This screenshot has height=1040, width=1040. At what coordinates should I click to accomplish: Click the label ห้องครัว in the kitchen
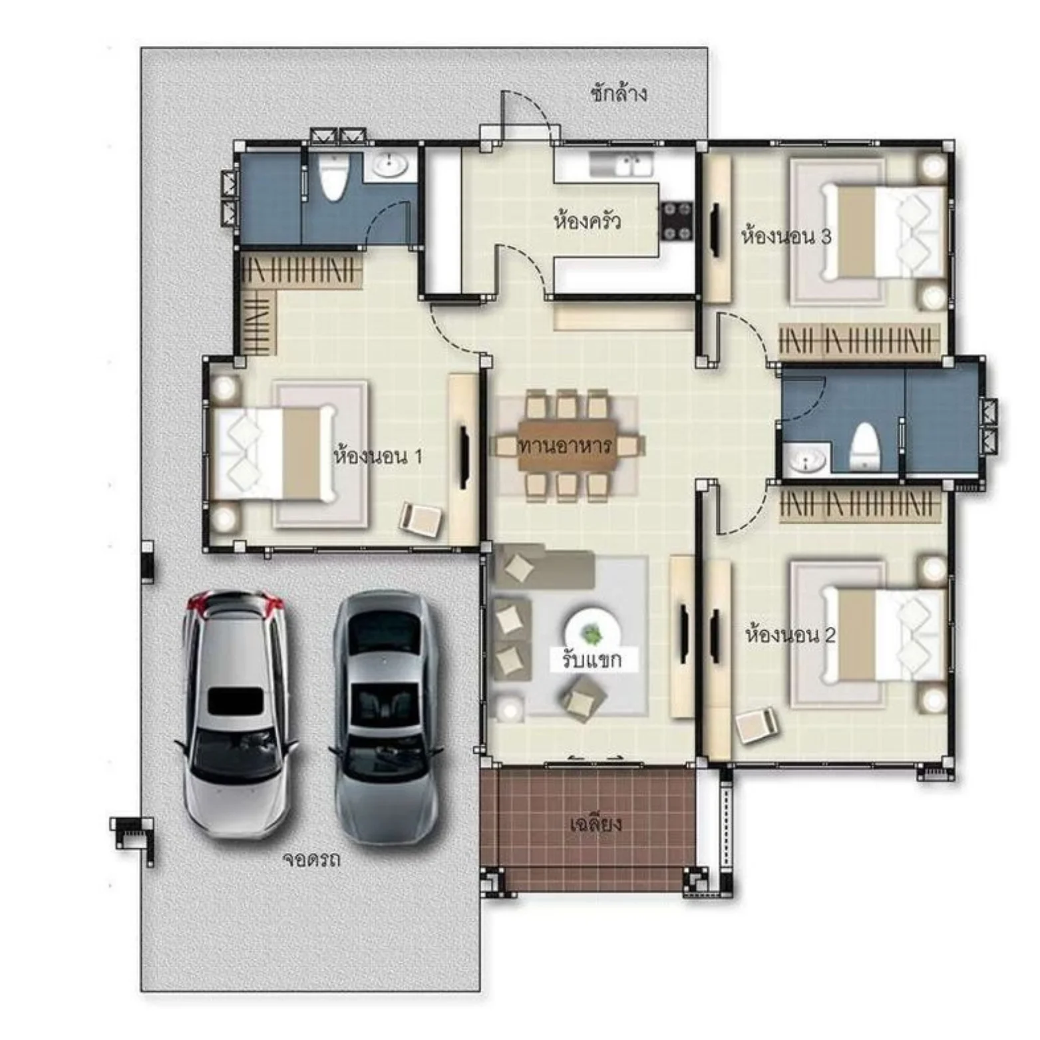(588, 220)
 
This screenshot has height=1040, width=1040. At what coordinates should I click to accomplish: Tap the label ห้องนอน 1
(377, 456)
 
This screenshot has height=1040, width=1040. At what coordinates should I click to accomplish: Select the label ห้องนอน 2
(790, 634)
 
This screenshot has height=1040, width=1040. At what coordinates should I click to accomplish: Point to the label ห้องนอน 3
(786, 236)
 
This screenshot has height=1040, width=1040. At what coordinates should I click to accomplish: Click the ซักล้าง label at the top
(618, 93)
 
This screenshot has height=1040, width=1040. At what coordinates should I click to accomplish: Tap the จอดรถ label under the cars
(311, 859)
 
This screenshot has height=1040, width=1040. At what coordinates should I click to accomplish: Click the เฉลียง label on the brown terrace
(596, 824)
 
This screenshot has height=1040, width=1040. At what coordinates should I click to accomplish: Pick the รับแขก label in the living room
(592, 659)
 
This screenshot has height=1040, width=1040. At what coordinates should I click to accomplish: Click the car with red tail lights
(236, 713)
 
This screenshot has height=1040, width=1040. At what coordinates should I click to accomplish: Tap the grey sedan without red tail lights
(386, 717)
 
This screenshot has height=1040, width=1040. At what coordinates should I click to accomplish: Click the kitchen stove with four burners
(676, 222)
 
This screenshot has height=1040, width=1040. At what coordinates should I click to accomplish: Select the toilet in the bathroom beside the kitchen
(332, 176)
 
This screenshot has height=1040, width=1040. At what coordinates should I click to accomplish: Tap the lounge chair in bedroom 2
(757, 725)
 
